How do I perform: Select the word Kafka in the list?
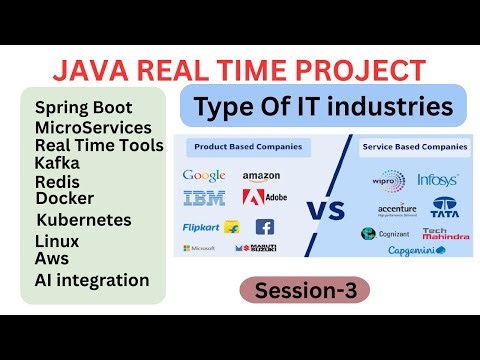pos(58,163)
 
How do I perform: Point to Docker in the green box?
pos(64,198)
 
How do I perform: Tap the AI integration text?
pos(91,280)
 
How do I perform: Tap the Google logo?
pos(204,176)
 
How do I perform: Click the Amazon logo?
pos(261,176)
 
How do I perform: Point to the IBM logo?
pos(204,197)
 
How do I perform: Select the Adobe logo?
pos(266,197)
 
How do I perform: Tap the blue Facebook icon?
pos(265,227)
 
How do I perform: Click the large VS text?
pos(324,212)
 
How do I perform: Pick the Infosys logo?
pos(438,181)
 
